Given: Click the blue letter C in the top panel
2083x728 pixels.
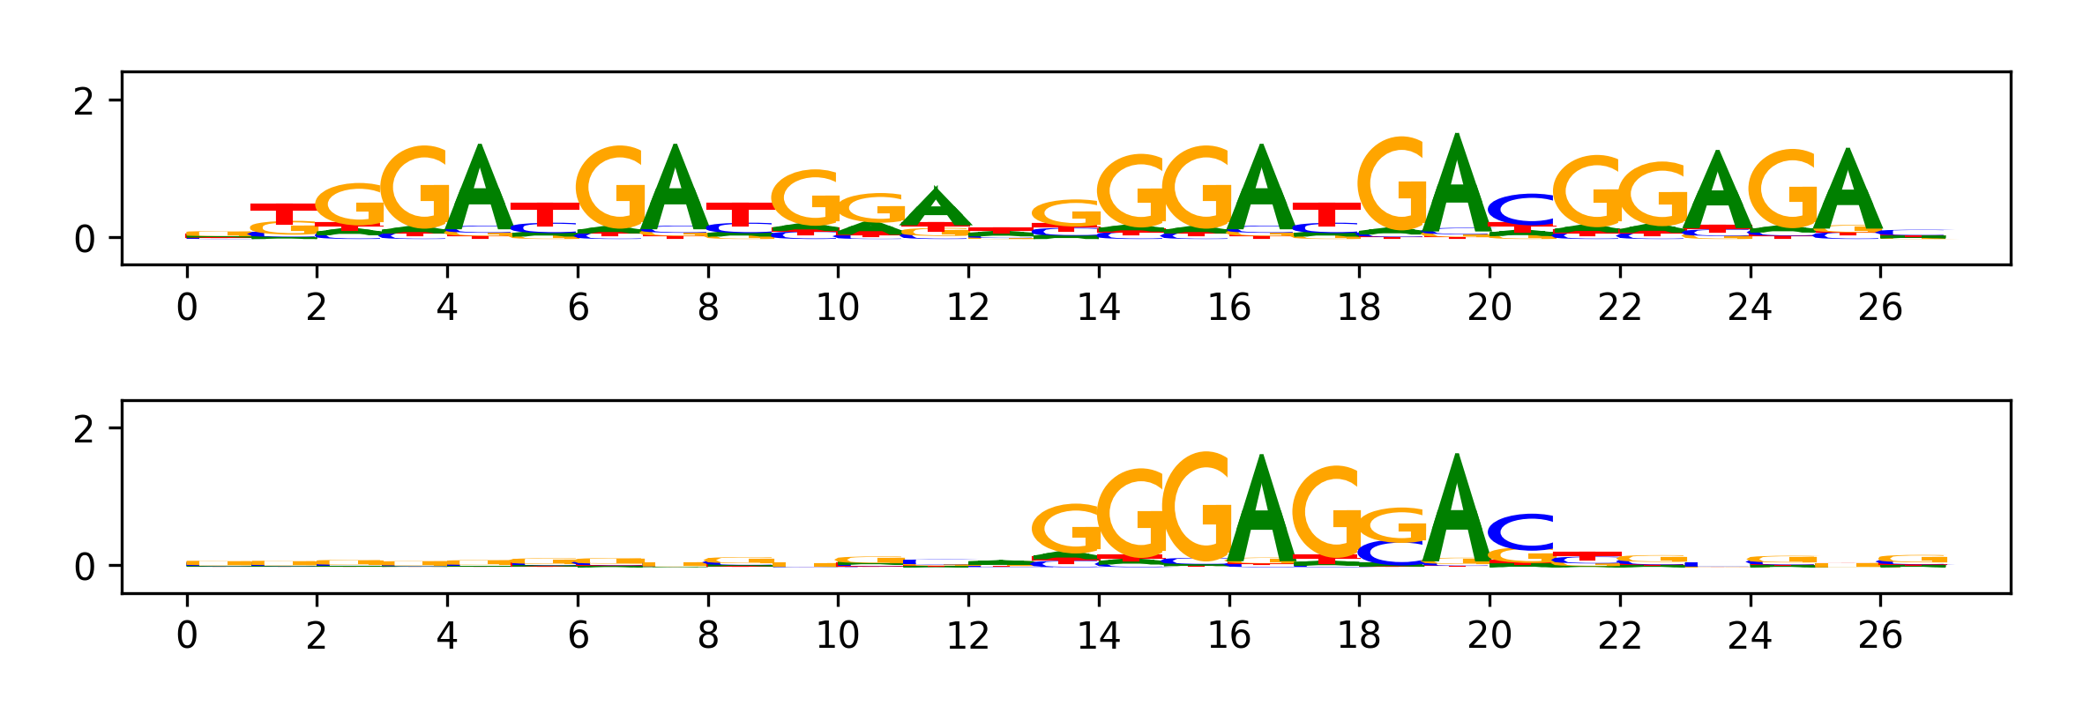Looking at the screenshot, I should click(1522, 209).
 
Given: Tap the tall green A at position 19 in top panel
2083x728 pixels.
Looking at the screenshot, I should click(1458, 189).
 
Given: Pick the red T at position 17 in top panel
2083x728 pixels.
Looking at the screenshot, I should click(1326, 214).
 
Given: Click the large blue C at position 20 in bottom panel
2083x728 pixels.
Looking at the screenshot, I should click(1522, 531).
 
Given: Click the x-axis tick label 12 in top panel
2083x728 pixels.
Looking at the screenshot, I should click(968, 308).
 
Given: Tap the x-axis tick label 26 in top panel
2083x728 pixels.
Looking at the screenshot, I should click(1880, 308).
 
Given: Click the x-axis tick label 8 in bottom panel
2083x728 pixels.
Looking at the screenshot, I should click(708, 635).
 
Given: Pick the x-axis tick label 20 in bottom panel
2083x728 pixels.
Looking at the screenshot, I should click(1489, 635).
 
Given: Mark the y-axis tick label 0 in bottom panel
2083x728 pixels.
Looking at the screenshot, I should click(84, 567).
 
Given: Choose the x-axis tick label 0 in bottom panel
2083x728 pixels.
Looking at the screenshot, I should click(187, 635).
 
